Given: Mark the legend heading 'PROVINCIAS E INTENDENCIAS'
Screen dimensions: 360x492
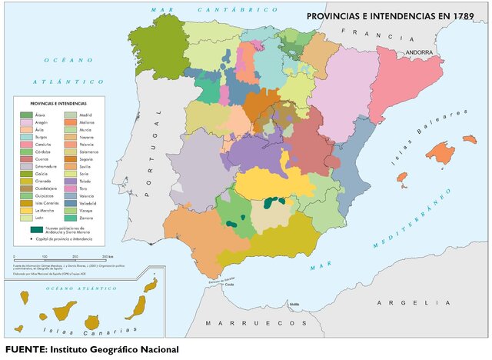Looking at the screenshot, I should pos(58,102).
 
